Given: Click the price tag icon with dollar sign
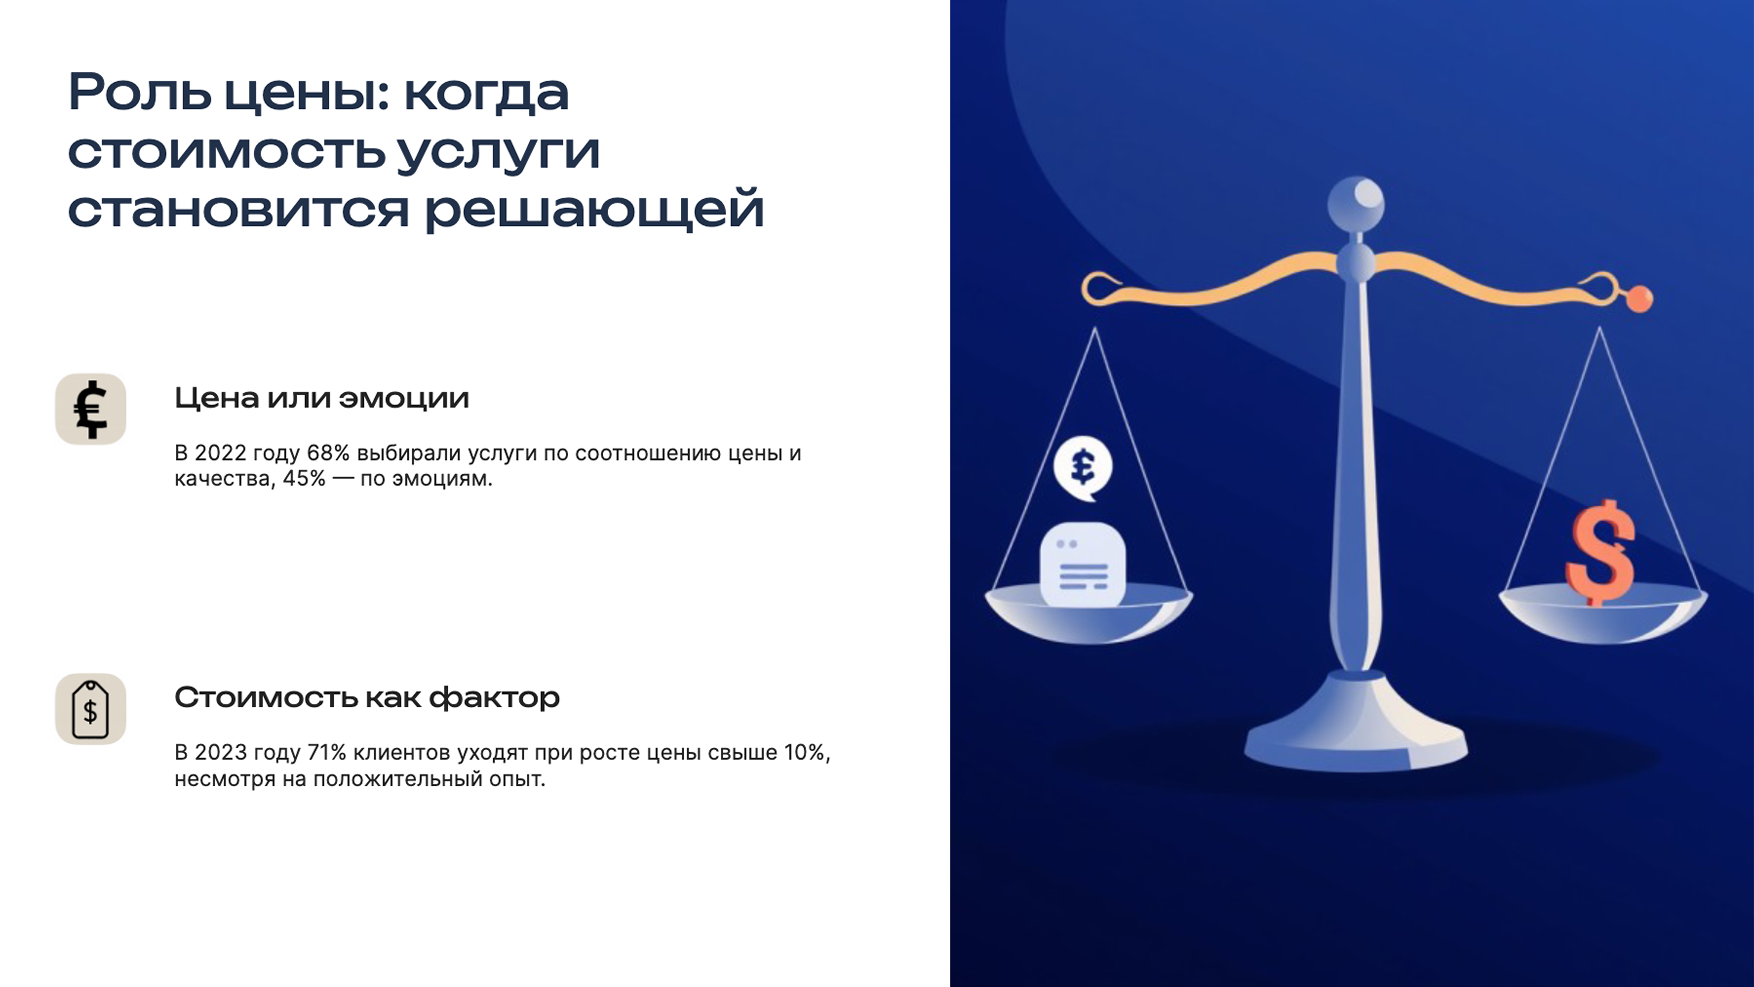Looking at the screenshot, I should point(91,709).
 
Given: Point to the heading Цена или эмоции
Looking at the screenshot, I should point(321,398).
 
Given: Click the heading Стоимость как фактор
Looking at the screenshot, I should point(366,697).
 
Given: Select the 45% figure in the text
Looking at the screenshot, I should point(304,479).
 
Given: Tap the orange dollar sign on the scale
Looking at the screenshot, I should point(1600,552).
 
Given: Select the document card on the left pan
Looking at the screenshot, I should point(1083,564).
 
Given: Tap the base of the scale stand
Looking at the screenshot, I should point(1356,739).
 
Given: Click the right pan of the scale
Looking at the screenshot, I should point(1603,617).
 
